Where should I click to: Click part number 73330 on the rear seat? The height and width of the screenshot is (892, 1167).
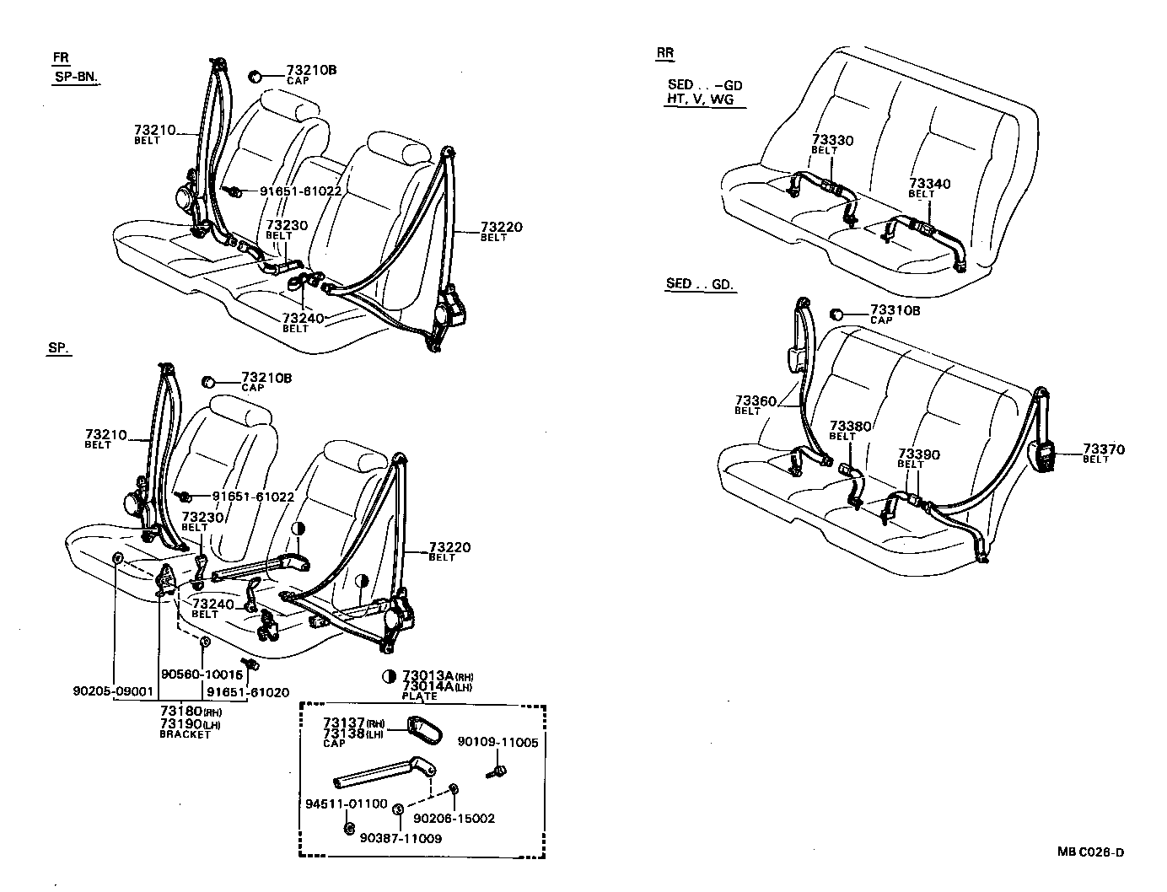click(832, 140)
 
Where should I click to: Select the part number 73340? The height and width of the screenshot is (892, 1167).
click(929, 184)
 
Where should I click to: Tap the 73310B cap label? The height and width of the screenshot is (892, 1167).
click(895, 310)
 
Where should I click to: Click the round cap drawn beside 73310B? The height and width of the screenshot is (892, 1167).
click(837, 314)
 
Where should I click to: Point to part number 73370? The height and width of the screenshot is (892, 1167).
click(1104, 449)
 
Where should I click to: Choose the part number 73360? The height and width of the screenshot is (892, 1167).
click(755, 400)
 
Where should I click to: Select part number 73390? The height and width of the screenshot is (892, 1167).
click(919, 454)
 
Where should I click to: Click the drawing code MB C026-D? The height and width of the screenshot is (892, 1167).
click(1091, 852)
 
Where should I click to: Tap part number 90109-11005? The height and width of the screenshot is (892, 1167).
click(497, 741)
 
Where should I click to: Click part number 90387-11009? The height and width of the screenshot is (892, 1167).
click(400, 838)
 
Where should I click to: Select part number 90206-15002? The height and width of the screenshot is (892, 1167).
click(454, 818)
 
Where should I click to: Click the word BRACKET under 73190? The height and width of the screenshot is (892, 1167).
click(185, 734)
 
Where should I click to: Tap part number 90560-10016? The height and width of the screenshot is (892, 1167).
click(201, 674)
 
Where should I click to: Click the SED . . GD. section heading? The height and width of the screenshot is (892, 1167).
click(700, 284)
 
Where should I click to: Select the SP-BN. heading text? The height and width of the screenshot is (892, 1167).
click(74, 77)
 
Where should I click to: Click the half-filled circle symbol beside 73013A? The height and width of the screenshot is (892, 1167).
click(390, 676)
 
